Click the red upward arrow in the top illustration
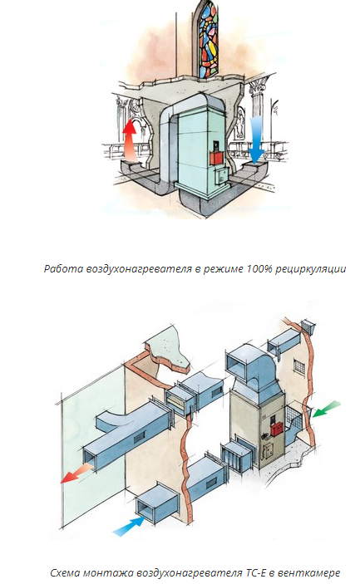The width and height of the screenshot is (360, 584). coord(131,140)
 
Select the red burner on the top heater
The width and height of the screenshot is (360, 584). coord(217,158)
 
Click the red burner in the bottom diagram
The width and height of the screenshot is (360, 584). coord(277,429)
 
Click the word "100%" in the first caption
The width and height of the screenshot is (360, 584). coord(259,268)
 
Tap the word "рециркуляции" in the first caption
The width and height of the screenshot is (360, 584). coord(310,269)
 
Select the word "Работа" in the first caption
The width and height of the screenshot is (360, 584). coord(64,268)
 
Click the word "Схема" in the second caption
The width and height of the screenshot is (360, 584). coord(65,572)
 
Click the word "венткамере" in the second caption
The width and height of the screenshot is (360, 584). coord(309,572)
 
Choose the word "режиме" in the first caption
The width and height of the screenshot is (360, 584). coord(223,269)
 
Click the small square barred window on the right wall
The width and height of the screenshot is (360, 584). coord(298,366)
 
